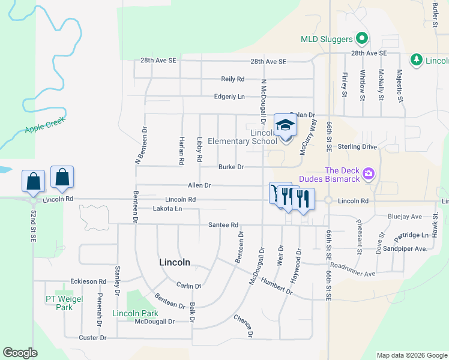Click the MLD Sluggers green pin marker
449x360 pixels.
click(361, 40)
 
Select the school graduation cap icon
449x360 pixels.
click(285, 125)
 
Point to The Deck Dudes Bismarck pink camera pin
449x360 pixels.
click(369, 175)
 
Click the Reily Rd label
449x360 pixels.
click(233, 79)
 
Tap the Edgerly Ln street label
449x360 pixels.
click(229, 97)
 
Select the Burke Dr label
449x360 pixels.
click(231, 167)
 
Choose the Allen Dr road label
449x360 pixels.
click(200, 186)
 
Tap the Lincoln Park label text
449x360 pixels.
click(135, 314)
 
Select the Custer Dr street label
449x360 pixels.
click(92, 338)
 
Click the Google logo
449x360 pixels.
click(20, 353)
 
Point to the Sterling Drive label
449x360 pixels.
click(374, 146)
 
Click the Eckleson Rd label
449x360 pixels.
click(88, 281)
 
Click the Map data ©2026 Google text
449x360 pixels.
click(411, 355)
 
